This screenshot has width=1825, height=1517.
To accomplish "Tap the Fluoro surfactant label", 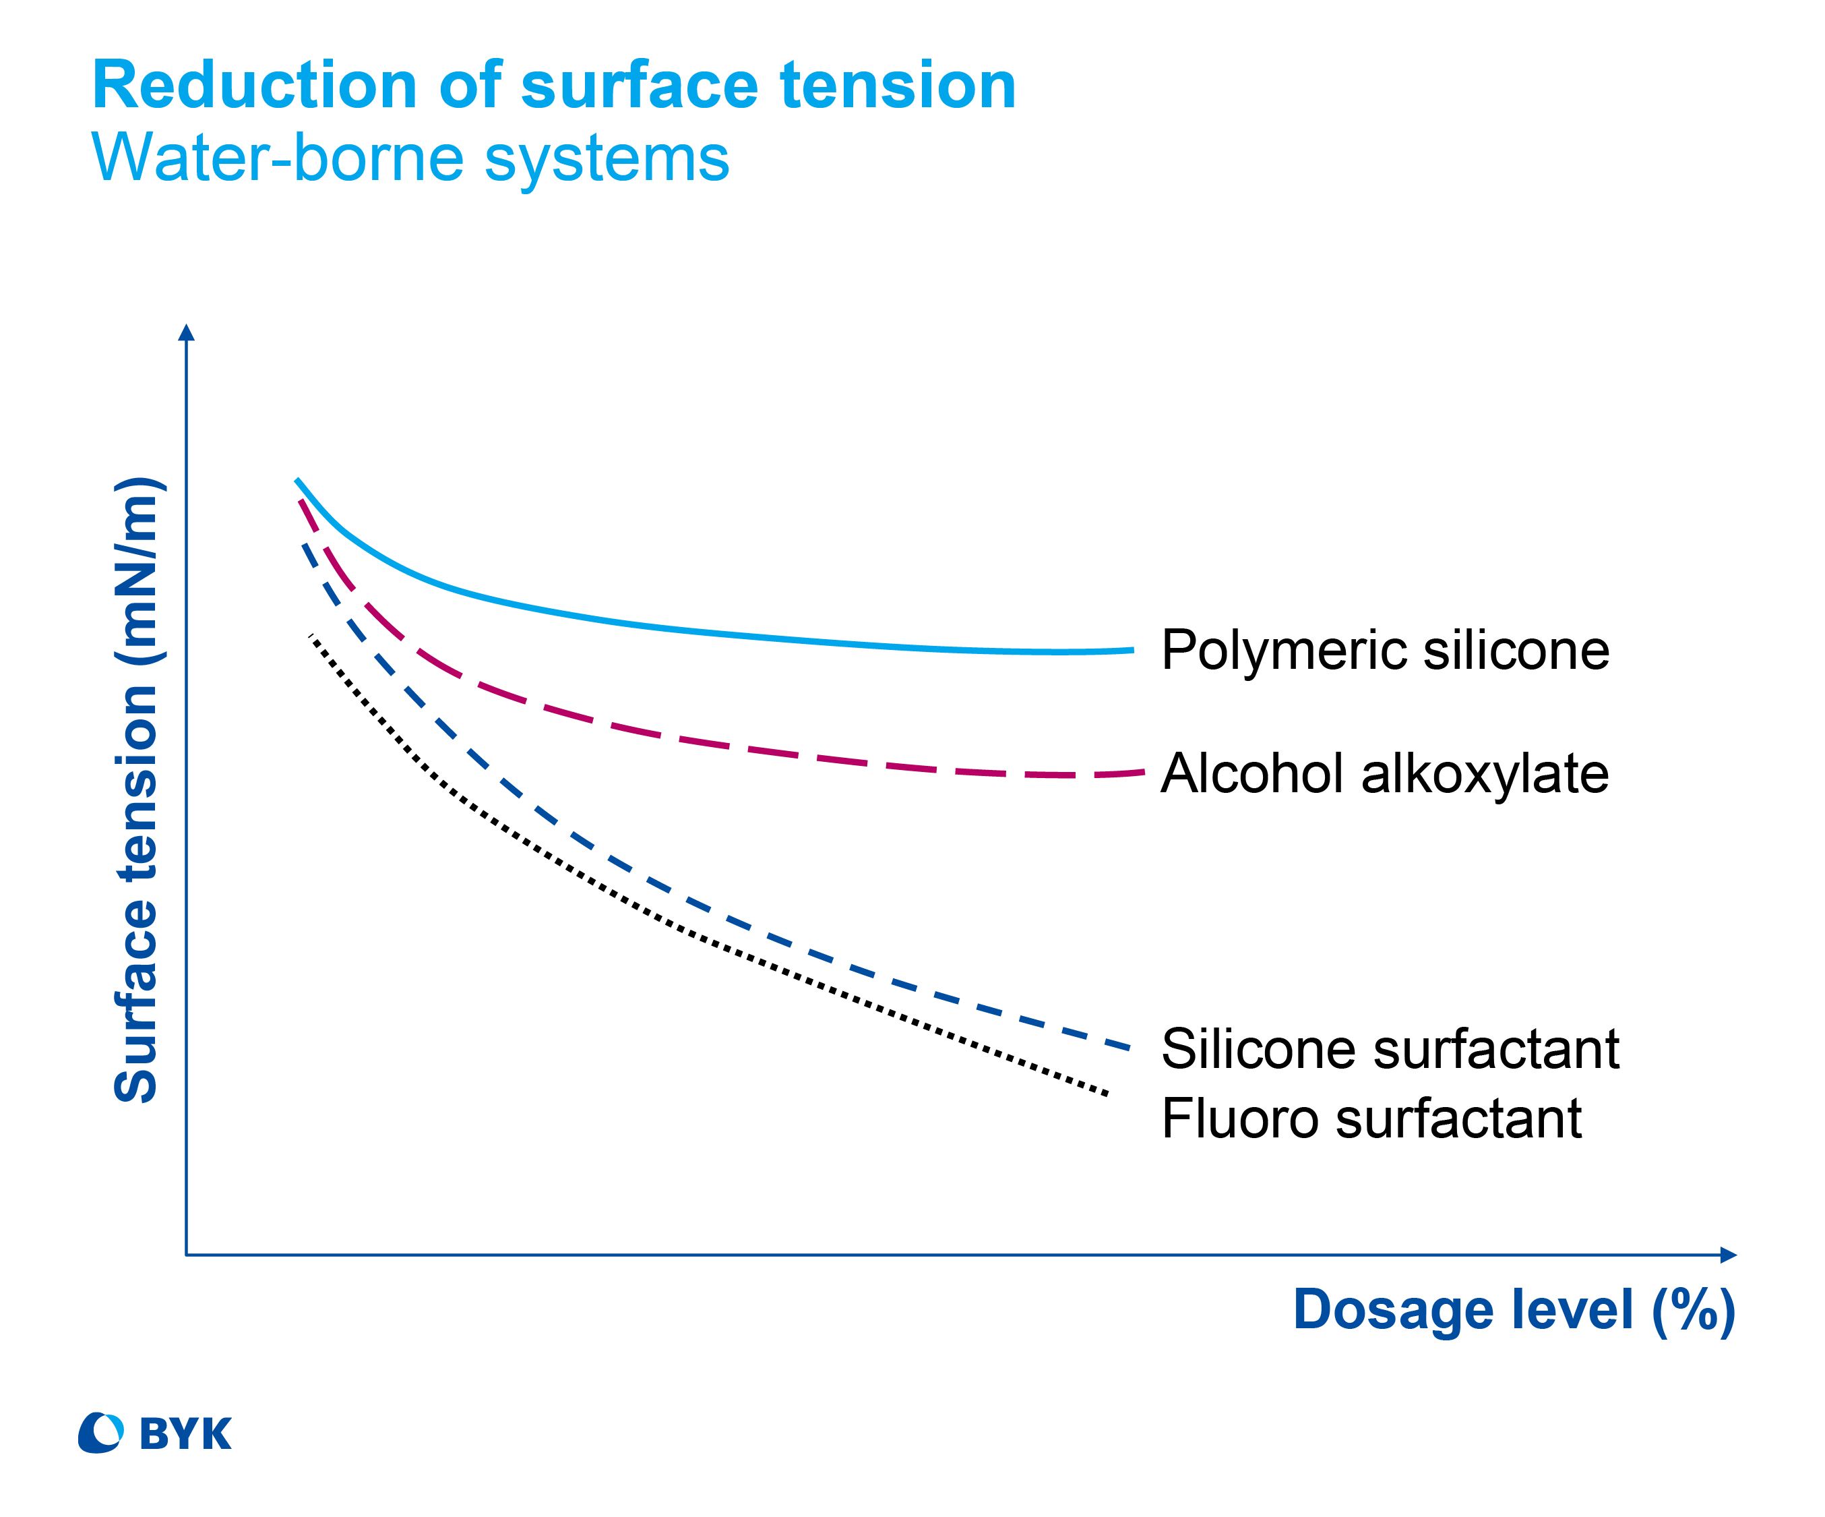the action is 1371,1118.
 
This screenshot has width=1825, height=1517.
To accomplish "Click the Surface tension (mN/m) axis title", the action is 136,790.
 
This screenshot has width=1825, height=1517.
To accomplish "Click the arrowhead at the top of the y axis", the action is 186,332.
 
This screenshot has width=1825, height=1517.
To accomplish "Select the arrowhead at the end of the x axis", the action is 1729,1255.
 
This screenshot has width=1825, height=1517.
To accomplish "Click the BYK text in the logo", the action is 186,1435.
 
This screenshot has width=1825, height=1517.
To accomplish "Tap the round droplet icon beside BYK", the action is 101,1433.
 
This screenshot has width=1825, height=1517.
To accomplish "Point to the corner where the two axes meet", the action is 186,1255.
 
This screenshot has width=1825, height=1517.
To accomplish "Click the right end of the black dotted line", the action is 1107,1094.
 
